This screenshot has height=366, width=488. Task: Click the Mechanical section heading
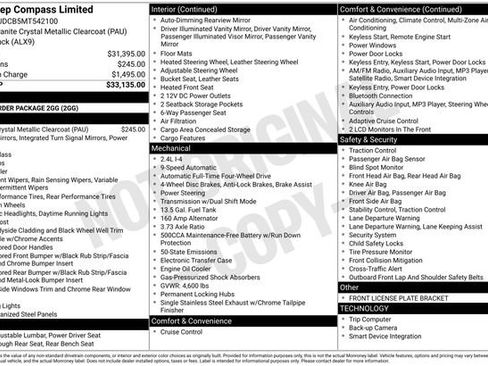click(171, 147)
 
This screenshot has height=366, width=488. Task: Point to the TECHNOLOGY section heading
click(365, 309)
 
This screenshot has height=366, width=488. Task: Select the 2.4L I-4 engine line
click(171, 158)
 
